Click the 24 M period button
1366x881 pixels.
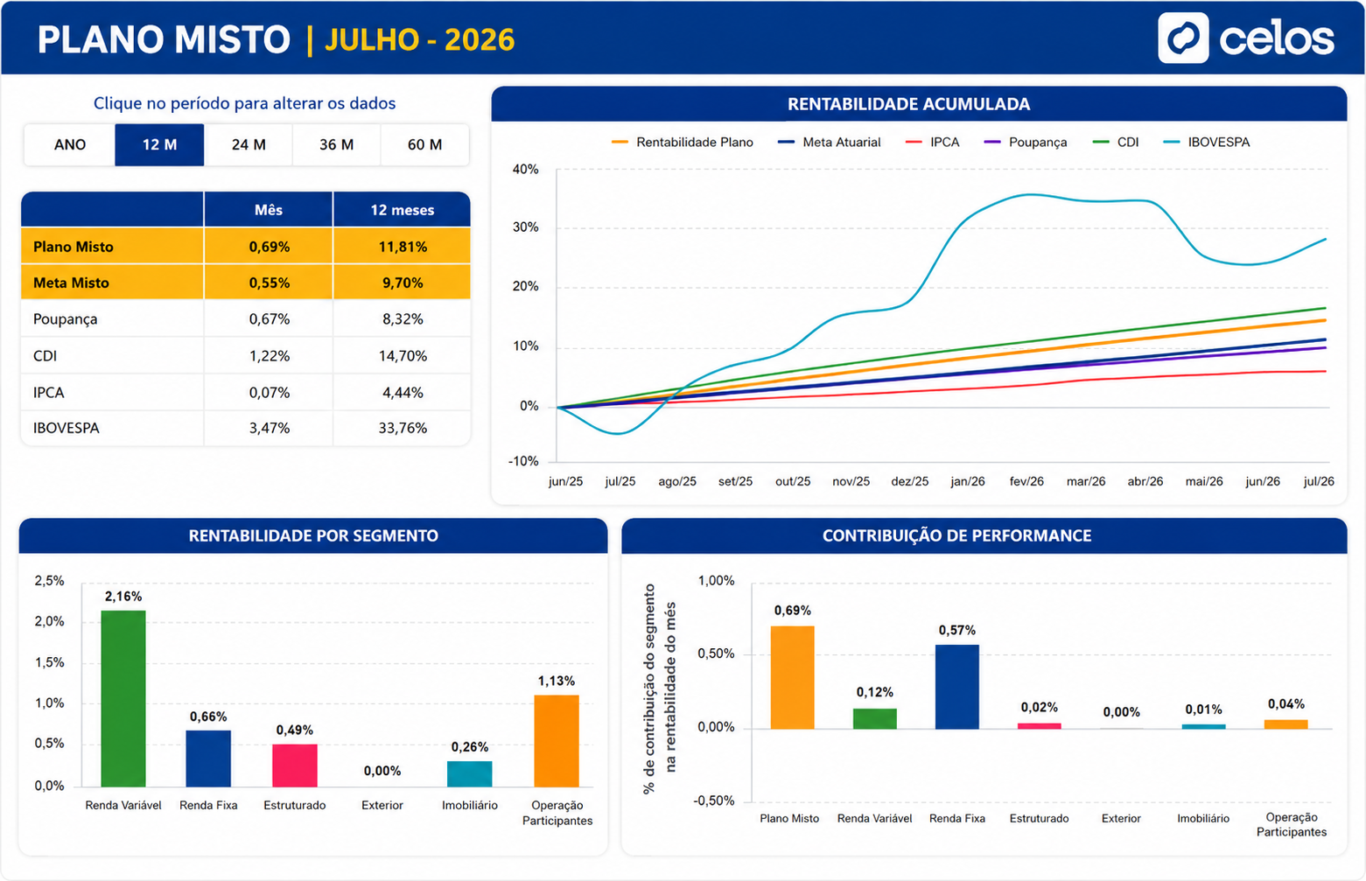pos(249,144)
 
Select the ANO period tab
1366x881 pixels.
pos(69,144)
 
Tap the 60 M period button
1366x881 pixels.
pos(424,144)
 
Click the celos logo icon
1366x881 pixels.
pos(1183,38)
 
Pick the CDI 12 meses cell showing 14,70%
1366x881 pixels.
pos(403,355)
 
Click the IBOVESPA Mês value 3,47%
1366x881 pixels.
pos(269,428)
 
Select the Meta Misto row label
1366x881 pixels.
pos(72,283)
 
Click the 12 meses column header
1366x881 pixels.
pos(403,210)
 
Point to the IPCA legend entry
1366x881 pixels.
pos(933,142)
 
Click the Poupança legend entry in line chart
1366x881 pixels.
pos(1026,142)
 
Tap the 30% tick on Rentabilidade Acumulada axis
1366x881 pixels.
pos(526,227)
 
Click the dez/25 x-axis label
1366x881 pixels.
pos(910,481)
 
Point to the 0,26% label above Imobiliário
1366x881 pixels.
pos(470,747)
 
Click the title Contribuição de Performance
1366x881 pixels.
pos(956,535)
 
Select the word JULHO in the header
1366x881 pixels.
pos(372,39)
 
